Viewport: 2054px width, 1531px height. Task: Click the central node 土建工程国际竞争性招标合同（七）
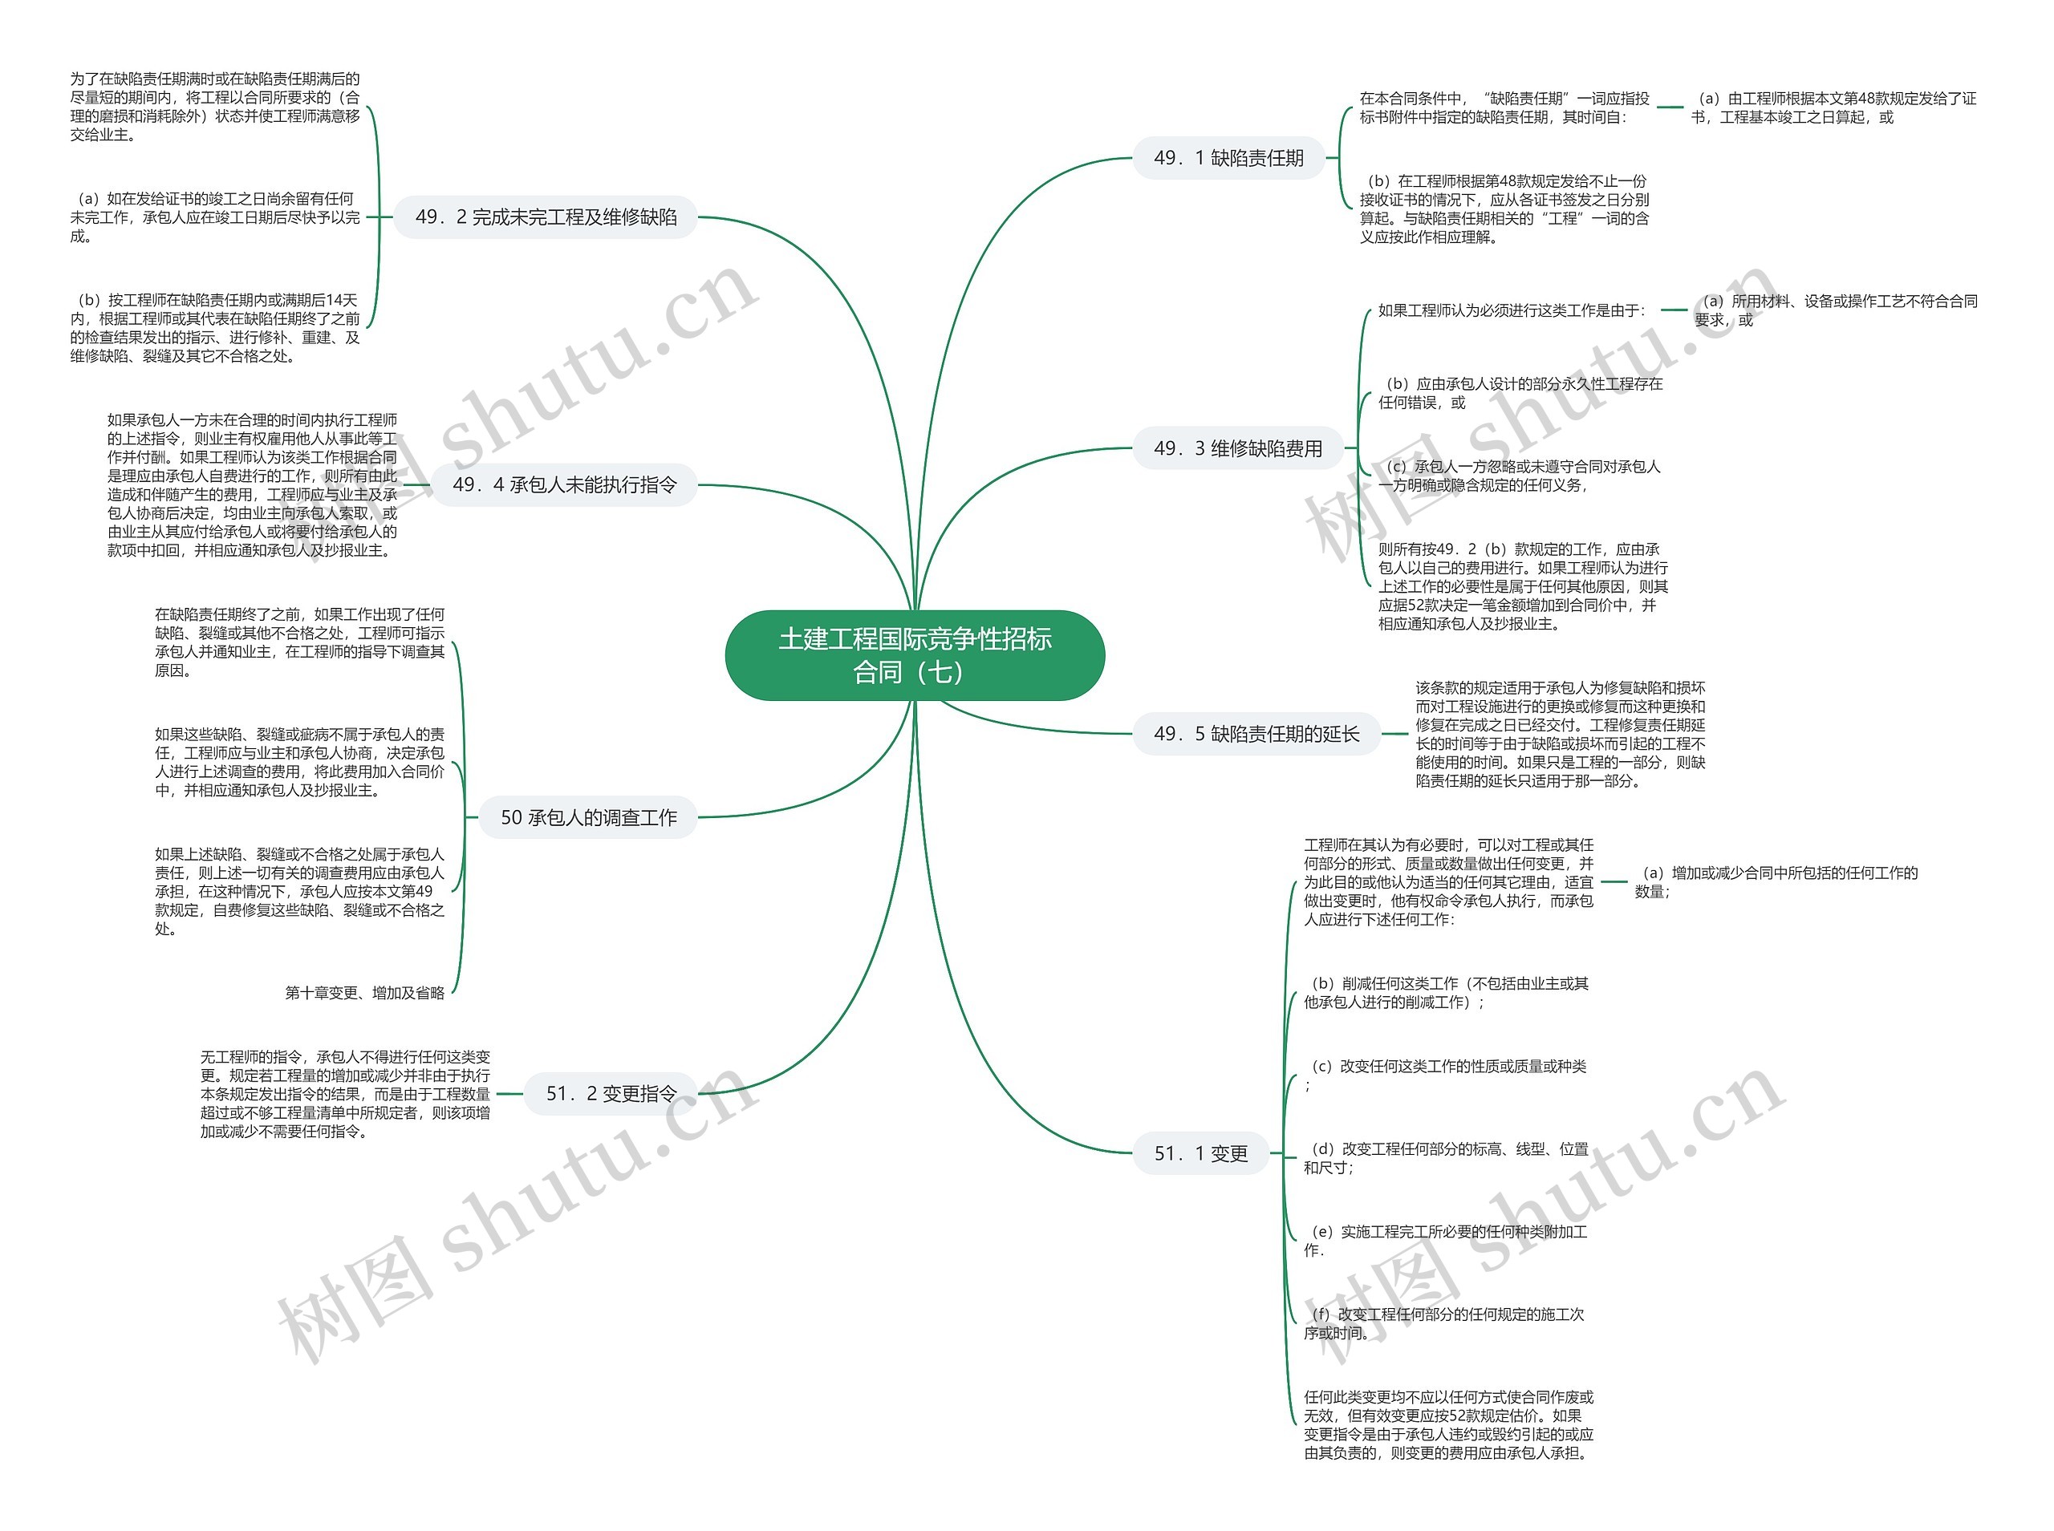coord(914,654)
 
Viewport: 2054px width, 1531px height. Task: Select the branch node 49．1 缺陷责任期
coord(1228,159)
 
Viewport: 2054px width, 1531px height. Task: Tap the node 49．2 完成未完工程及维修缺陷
coord(546,217)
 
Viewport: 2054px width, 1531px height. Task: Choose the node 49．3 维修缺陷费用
coord(1237,448)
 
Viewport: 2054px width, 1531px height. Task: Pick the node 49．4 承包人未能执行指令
coord(565,484)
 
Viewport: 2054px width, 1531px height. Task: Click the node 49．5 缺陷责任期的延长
coord(1256,734)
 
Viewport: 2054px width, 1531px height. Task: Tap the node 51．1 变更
coord(1200,1153)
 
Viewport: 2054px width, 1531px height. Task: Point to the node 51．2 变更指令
coord(611,1094)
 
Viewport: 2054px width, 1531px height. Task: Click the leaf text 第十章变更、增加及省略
coord(364,993)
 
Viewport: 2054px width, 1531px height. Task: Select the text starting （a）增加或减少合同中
coord(1775,881)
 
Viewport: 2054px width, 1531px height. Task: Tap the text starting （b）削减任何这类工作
coord(1445,993)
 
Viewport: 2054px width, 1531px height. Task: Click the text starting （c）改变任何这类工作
coord(1445,1074)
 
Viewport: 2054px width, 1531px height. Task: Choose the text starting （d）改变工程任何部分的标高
coord(1445,1157)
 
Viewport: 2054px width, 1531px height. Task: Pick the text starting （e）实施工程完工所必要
coord(1445,1240)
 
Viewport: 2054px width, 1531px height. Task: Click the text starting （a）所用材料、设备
coord(1835,310)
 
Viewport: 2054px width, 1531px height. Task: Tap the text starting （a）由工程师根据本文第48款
coord(1833,107)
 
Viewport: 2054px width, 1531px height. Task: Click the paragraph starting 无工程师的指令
coord(345,1094)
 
